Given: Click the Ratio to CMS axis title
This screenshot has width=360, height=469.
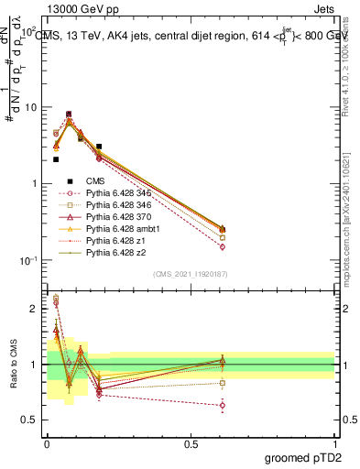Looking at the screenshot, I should (x=13, y=365).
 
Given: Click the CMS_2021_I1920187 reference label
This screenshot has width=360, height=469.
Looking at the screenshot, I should (x=191, y=274).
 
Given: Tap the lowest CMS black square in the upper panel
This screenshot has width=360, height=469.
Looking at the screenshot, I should (x=56, y=159).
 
